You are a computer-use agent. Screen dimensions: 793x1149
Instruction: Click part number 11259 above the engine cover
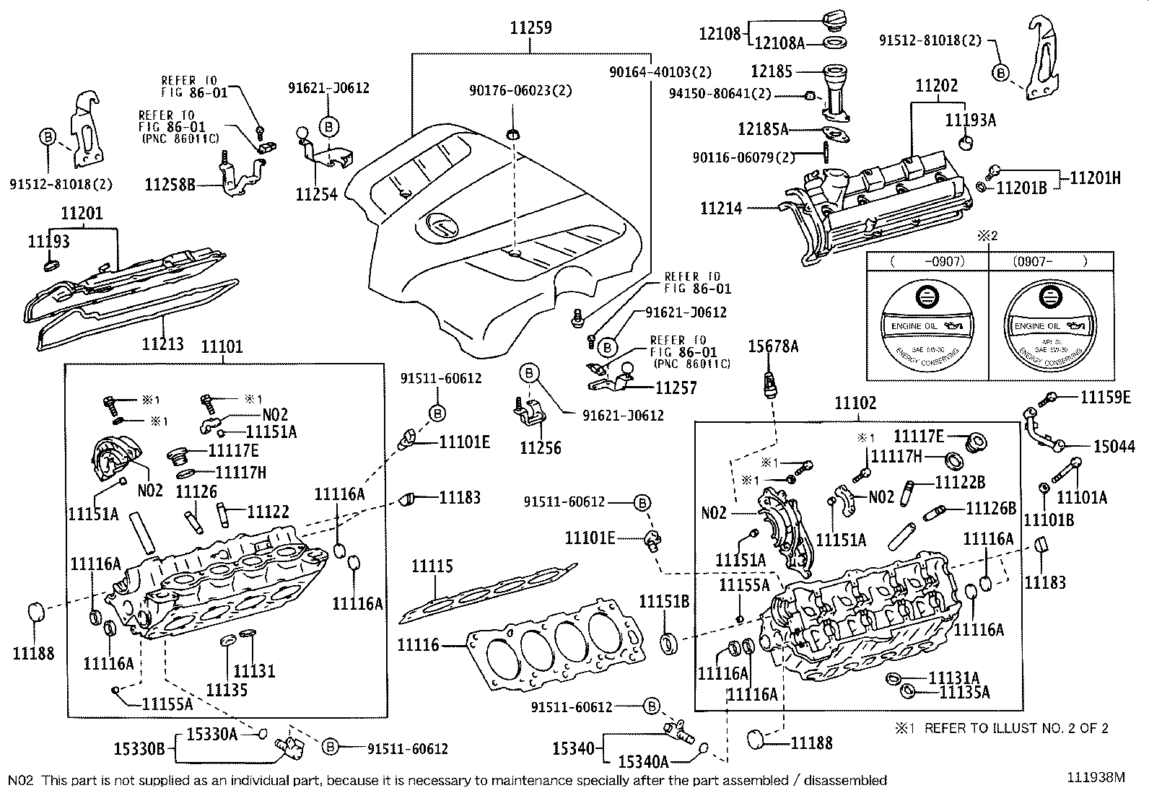tap(530, 28)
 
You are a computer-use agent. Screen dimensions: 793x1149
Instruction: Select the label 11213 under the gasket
tap(162, 343)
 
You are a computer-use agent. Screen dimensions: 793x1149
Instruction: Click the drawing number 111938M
tap(1097, 777)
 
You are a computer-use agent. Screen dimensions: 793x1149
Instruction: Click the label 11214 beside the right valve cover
tap(722, 209)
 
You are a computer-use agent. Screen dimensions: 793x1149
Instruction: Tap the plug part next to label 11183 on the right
tap(1041, 545)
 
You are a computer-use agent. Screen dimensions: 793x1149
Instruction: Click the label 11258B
tap(170, 185)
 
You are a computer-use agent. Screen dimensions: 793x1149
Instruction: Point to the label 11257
tap(676, 387)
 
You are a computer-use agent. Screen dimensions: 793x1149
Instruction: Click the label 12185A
tap(763, 129)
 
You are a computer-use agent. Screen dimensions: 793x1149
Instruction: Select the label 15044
tap(1114, 447)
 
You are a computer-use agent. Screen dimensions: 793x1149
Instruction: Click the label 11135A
tap(964, 693)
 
